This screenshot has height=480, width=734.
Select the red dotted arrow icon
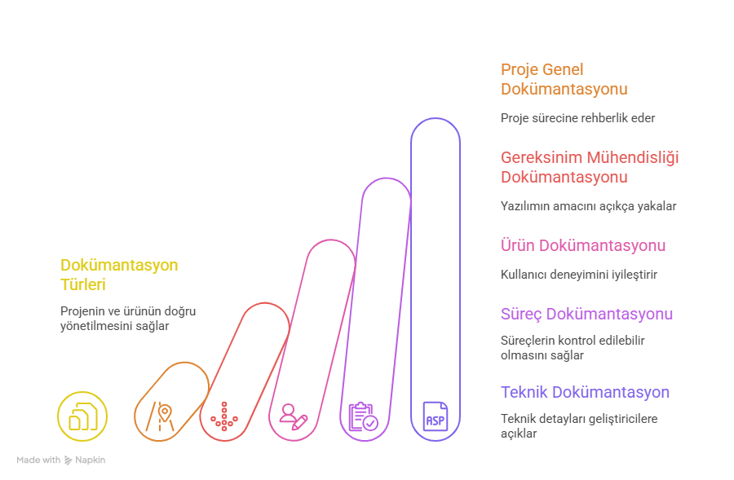[x=224, y=416]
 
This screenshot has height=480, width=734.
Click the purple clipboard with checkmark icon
[x=363, y=416]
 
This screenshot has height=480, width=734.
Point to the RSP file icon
[x=435, y=416]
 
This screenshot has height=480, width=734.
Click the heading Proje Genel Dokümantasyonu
[x=564, y=79]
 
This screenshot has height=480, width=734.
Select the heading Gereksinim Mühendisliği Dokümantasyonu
[x=590, y=166]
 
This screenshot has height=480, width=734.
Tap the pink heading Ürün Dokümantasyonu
[x=582, y=245]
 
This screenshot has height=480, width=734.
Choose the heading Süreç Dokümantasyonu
[x=586, y=314]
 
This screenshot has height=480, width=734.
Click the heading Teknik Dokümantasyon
[x=585, y=392]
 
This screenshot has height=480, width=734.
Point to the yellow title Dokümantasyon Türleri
[x=119, y=275]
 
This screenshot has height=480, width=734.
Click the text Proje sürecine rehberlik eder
[x=577, y=118]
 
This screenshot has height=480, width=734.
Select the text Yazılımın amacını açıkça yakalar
[x=588, y=206]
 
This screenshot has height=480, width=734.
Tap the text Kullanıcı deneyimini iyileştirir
[x=579, y=275]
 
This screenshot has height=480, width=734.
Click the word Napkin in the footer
[x=91, y=460]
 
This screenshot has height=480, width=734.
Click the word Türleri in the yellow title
[x=83, y=285]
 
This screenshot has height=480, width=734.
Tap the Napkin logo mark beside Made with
[x=68, y=460]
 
